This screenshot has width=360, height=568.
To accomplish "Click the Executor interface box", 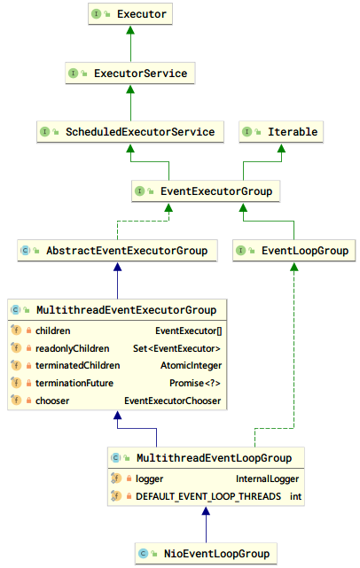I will click(x=130, y=15).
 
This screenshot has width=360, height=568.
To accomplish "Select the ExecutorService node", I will click(x=130, y=74).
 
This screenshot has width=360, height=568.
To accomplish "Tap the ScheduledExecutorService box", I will click(x=130, y=132).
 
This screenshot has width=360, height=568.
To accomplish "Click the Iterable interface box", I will click(x=281, y=132).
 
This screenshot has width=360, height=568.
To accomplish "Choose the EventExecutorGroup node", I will click(x=206, y=191).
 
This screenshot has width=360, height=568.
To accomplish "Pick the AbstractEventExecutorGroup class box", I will click(x=117, y=251).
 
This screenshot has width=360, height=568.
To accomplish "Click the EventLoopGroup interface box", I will click(x=294, y=251).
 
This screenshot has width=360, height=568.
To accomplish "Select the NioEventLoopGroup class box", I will click(x=206, y=554).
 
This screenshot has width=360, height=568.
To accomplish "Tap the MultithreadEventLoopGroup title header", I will click(x=206, y=458).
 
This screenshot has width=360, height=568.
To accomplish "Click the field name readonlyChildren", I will click(x=73, y=347).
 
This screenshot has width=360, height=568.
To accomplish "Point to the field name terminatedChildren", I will click(x=76, y=365).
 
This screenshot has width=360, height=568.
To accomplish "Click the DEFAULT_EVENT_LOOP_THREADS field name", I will click(x=207, y=496).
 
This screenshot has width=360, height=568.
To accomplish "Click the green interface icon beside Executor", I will click(x=96, y=15).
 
